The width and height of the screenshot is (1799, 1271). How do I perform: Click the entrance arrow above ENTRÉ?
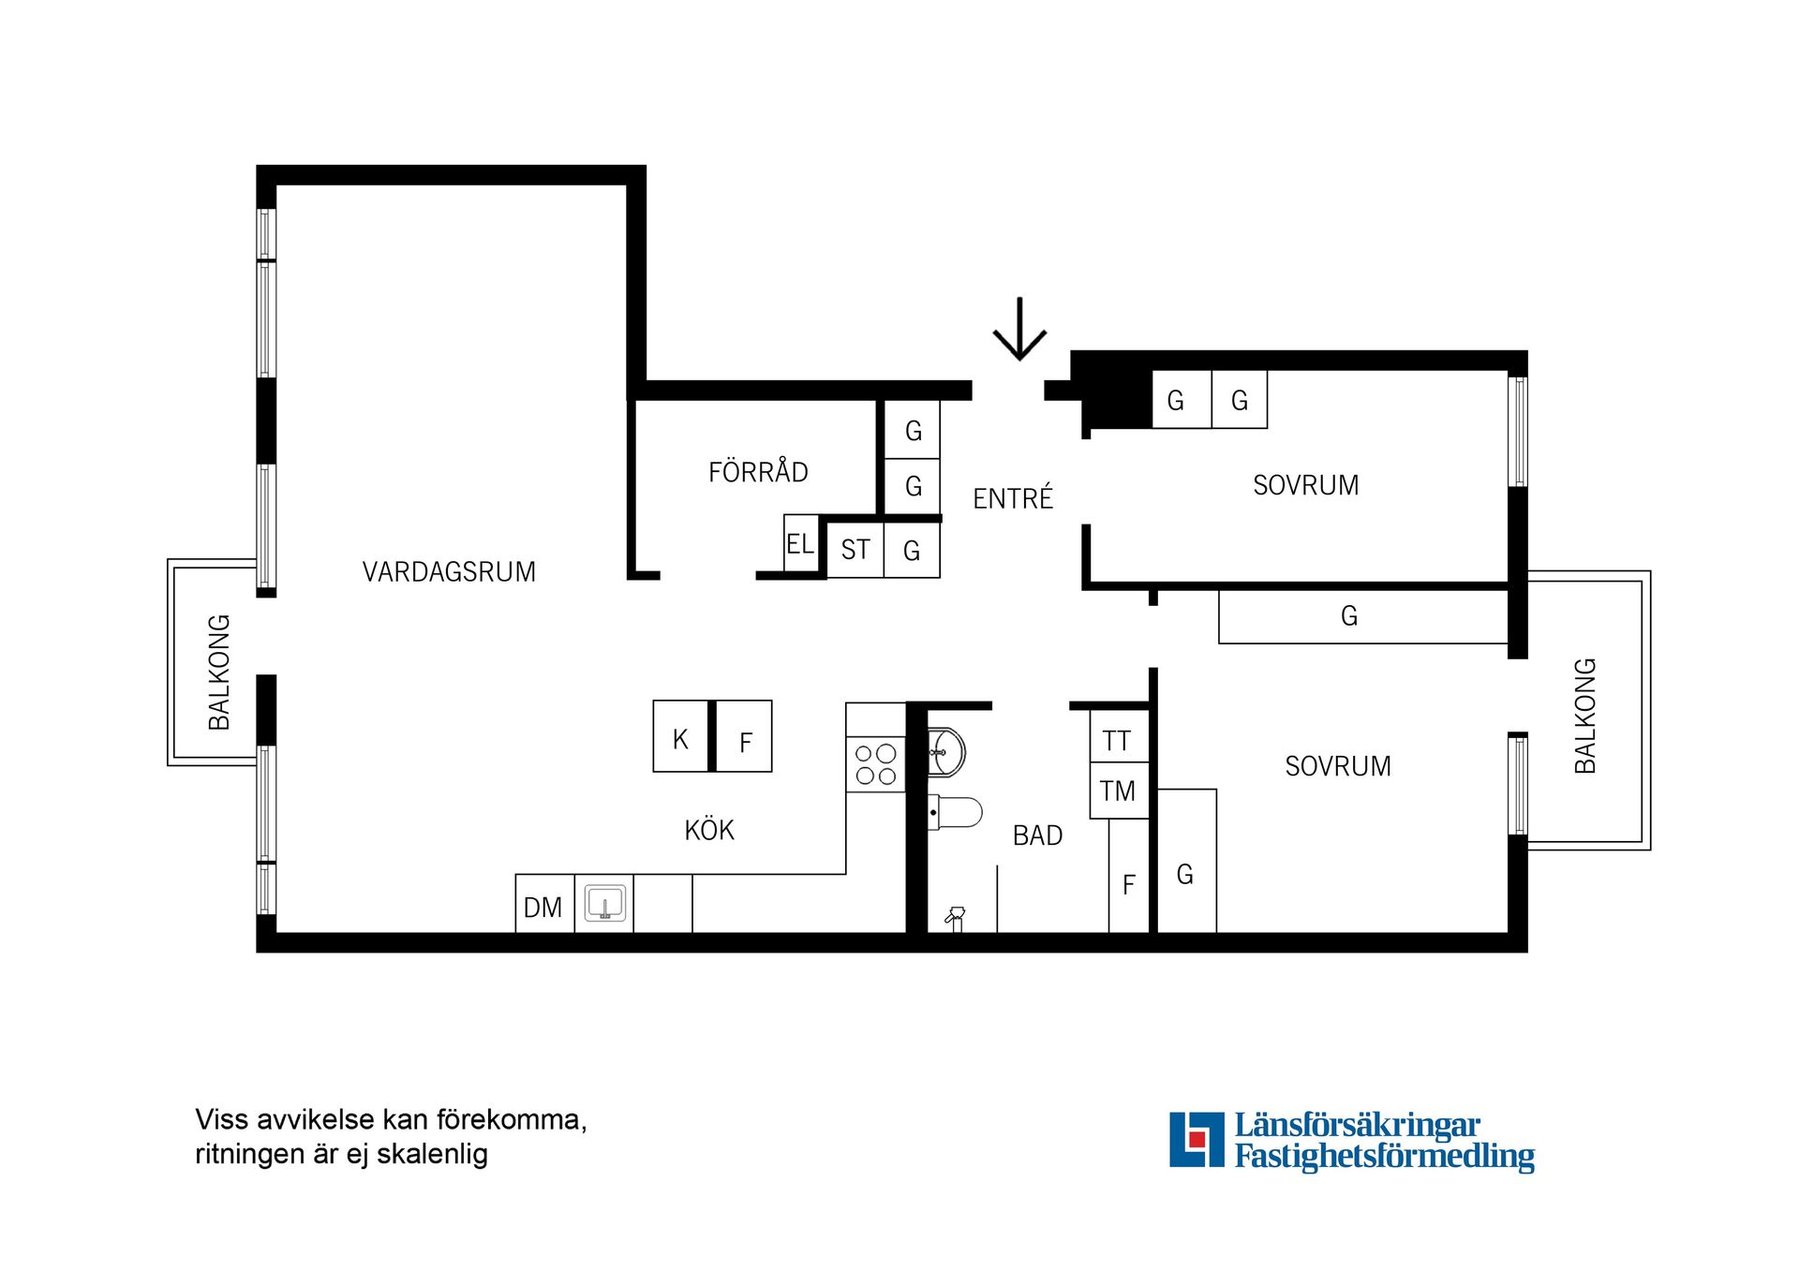[1019, 329]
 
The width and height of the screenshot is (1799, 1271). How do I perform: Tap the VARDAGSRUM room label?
[449, 571]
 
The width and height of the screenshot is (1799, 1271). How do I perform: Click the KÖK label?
[709, 829]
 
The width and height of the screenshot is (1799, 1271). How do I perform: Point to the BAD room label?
[1037, 835]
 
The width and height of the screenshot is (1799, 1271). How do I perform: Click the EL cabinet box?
[801, 542]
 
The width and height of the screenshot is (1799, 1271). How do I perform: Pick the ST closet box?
[855, 550]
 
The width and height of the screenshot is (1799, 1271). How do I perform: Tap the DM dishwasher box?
[544, 904]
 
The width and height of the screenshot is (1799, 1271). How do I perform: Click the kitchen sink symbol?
[604, 904]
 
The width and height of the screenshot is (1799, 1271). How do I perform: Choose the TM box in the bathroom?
[1119, 791]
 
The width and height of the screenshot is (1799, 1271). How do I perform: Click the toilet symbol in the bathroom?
[955, 812]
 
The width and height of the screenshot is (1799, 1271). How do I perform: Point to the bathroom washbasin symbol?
[946, 752]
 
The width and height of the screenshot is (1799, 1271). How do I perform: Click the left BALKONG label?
[218, 672]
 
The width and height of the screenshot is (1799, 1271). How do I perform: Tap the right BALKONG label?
[1584, 716]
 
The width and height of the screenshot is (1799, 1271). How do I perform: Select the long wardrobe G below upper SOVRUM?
[1363, 616]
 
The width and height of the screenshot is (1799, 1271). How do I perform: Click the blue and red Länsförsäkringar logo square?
[1197, 1139]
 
